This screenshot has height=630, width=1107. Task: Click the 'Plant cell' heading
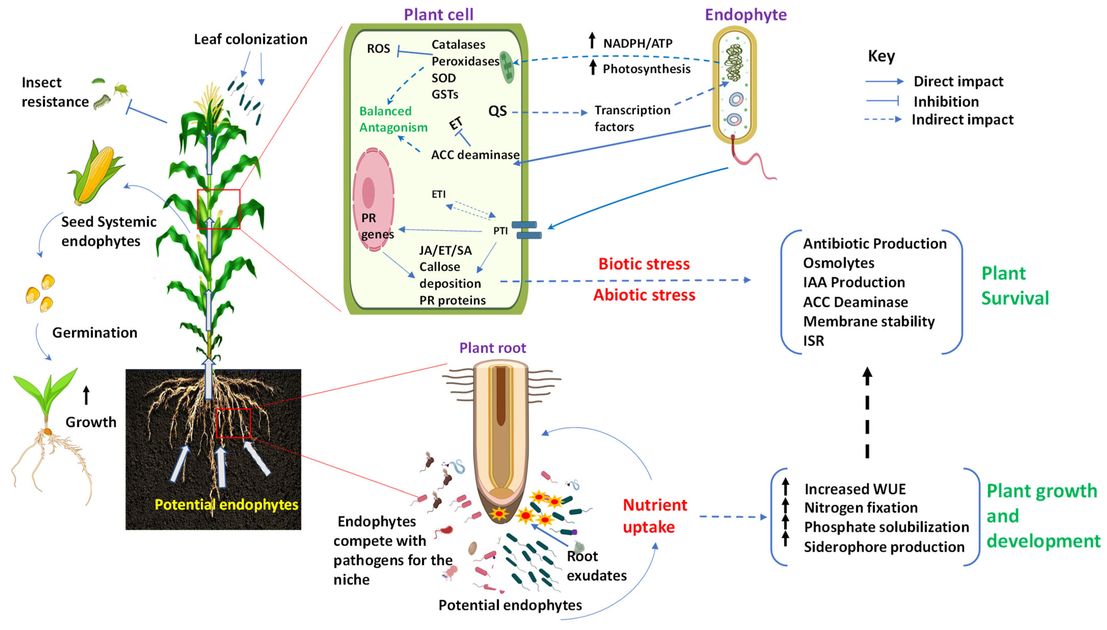438,15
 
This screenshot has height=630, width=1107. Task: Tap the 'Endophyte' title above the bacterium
745,15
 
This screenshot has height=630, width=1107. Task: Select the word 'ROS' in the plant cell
378,48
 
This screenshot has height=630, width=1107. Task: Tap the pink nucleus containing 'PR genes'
373,199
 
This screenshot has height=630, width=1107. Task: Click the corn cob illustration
96,173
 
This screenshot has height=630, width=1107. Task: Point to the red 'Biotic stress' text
644,264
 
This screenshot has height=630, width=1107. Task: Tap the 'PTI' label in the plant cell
500,231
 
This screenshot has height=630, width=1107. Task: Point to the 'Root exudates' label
596,566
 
